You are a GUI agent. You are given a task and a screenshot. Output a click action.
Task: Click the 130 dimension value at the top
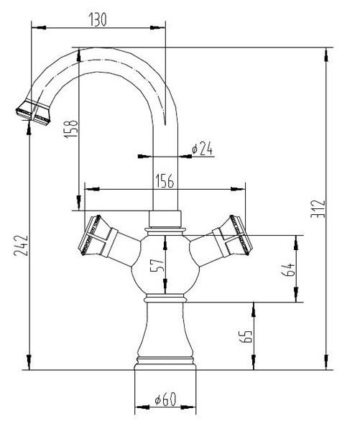pos(98,19)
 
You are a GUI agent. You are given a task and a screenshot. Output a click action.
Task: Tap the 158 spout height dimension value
pos(71,129)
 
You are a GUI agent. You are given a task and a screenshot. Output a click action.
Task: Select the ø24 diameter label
pos(202,149)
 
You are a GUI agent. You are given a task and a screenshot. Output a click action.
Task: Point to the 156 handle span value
pos(165,181)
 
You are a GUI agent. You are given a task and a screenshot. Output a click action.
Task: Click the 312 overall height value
pos(318,209)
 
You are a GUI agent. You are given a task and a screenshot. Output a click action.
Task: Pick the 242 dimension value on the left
pos(21,246)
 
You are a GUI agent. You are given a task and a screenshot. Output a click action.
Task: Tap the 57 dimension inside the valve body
pos(157,265)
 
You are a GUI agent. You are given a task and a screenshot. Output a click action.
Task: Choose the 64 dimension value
pos(289,269)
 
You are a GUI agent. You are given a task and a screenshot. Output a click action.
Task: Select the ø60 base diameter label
pos(165,400)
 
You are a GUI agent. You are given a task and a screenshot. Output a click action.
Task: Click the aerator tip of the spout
pos(33,112)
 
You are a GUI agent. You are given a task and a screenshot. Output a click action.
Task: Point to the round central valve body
pos(165,265)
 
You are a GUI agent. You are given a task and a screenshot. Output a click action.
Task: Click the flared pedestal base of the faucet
pos(165,336)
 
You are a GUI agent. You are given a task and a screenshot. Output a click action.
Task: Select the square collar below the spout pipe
pos(165,219)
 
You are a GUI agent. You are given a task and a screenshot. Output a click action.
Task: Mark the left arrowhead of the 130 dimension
pos(39,27)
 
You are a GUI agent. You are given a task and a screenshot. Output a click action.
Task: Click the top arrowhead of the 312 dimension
pos(326,55)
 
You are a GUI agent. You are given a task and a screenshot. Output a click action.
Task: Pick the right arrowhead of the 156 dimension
pos(238,189)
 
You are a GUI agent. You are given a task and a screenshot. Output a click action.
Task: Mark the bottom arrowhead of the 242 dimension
pos(29,362)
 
